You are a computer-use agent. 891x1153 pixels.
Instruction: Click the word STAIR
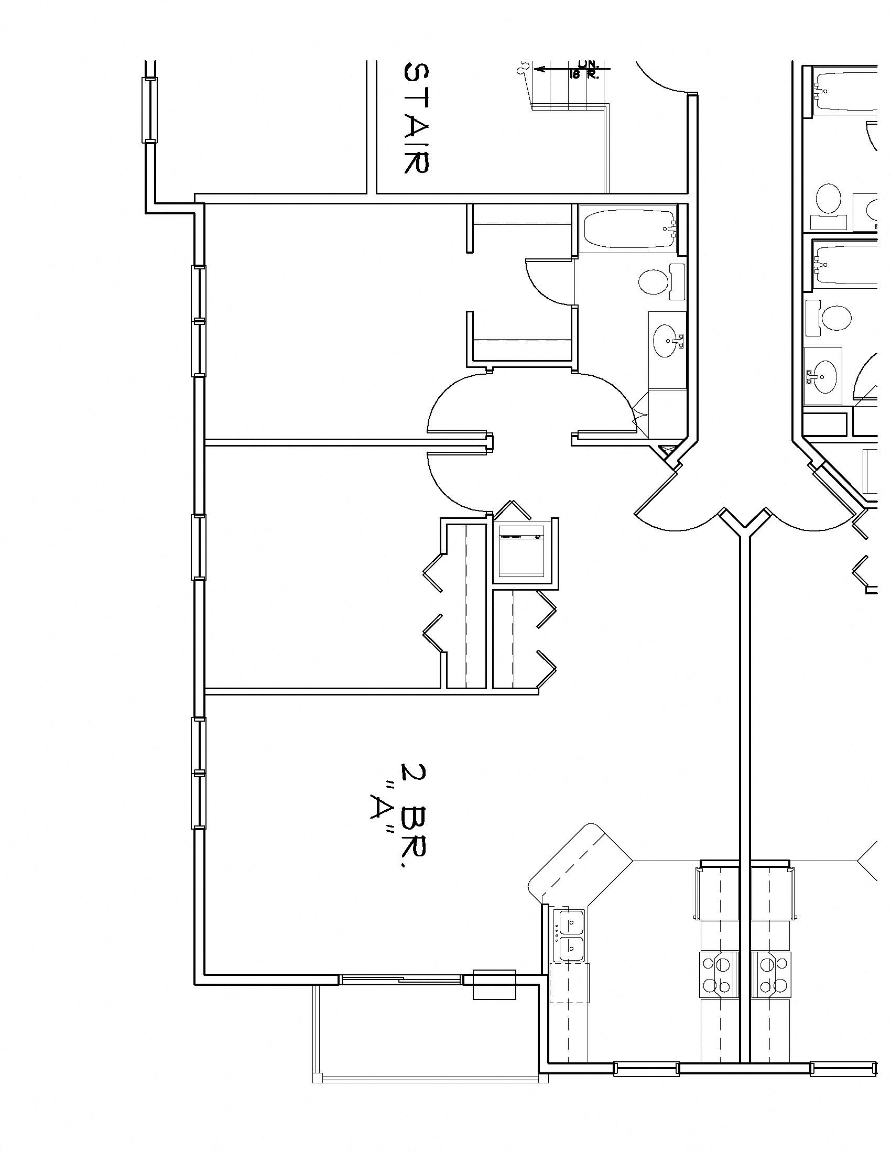(416, 118)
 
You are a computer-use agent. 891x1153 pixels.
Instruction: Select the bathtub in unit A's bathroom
(628, 229)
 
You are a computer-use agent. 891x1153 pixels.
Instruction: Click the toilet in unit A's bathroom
(660, 281)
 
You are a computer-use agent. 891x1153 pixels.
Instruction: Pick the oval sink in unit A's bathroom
(667, 341)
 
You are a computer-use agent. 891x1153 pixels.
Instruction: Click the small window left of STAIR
(149, 110)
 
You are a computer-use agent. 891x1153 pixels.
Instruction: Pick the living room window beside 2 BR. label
(199, 773)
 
